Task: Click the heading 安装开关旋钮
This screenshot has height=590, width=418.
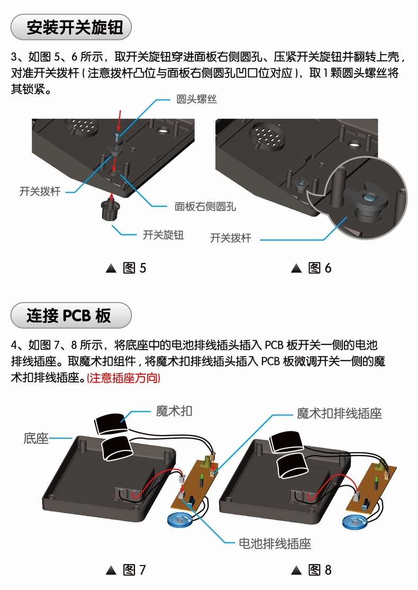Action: [71, 27]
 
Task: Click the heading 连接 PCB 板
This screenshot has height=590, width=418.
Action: [71, 316]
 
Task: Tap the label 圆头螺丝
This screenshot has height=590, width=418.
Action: [196, 99]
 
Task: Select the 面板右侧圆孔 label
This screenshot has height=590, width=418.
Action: [205, 206]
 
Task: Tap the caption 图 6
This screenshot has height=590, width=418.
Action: [312, 268]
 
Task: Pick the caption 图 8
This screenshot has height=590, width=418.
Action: [312, 570]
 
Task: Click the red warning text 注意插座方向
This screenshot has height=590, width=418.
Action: [123, 379]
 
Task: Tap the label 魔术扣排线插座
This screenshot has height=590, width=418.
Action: [339, 413]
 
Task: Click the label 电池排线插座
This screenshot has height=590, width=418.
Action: [275, 543]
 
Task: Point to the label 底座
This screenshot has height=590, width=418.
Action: [36, 438]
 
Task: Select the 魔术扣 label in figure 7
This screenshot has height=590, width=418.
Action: [174, 411]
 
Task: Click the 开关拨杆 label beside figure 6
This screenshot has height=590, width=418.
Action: [230, 238]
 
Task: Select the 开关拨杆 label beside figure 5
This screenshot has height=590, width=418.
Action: [40, 192]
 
